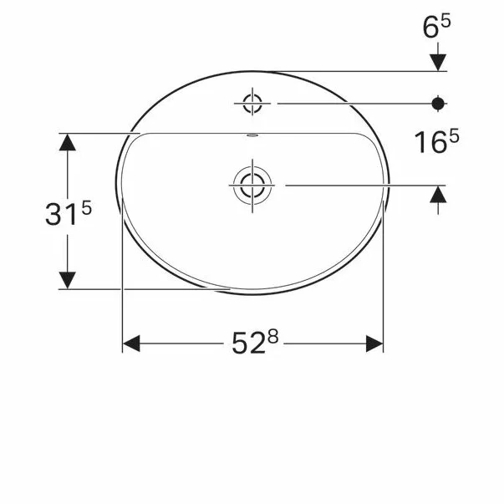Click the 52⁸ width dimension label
pyautogui.click(x=253, y=343)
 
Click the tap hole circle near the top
pyautogui.click(x=252, y=104)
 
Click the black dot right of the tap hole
pyautogui.click(x=437, y=104)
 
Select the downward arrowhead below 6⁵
pyautogui.click(x=437, y=62)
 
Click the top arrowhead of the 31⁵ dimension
pyautogui.click(x=68, y=142)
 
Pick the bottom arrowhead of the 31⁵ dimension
pyautogui.click(x=68, y=280)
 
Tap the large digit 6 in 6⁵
pyautogui.click(x=430, y=29)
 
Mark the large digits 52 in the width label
pyautogui.click(x=247, y=344)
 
